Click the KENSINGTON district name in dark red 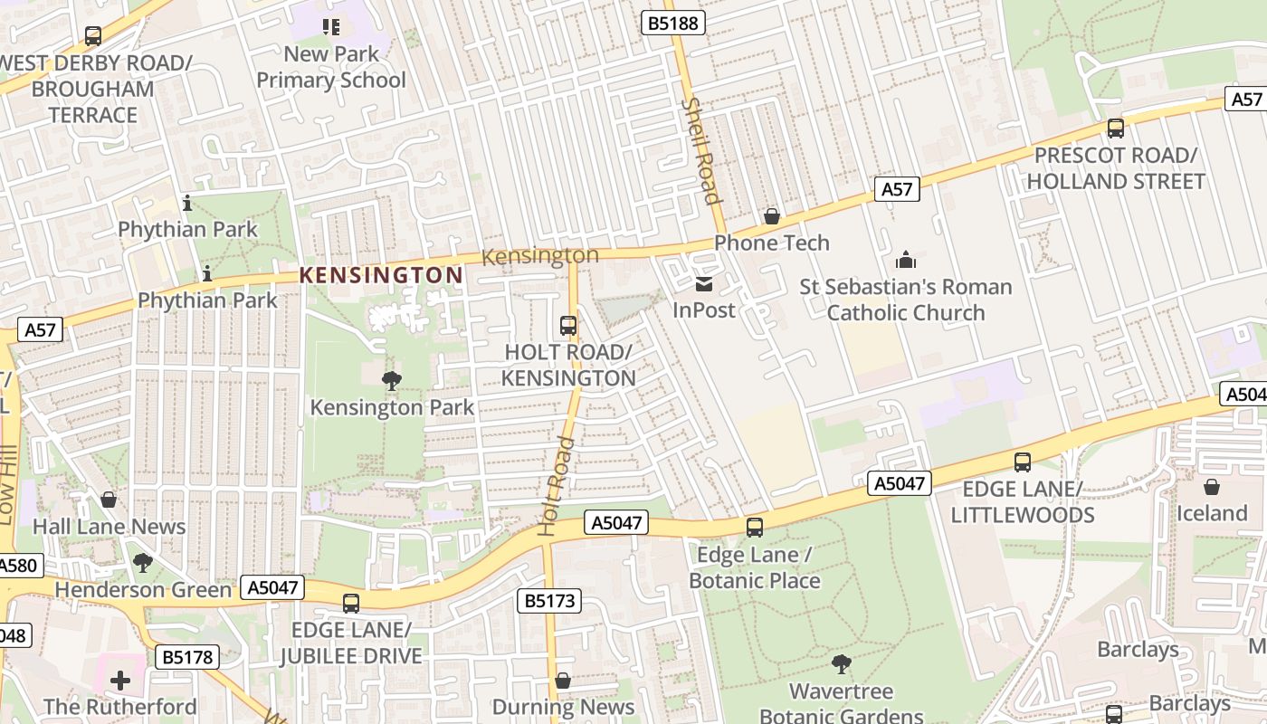click(x=381, y=275)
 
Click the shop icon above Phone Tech click(x=772, y=216)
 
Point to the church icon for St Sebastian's click(x=906, y=261)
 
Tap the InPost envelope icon click(x=704, y=284)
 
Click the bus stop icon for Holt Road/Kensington click(x=568, y=326)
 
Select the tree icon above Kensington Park click(x=392, y=381)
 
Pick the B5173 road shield click(x=549, y=601)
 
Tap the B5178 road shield click(x=188, y=657)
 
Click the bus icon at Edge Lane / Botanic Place click(x=755, y=528)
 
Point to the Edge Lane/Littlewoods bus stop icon click(x=1023, y=462)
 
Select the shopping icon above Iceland click(x=1212, y=487)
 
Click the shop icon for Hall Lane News click(x=109, y=500)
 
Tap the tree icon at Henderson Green click(x=143, y=563)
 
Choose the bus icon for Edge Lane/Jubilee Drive click(x=351, y=603)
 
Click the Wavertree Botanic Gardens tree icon click(x=842, y=664)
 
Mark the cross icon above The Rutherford click(x=119, y=680)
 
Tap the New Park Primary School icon click(x=331, y=27)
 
